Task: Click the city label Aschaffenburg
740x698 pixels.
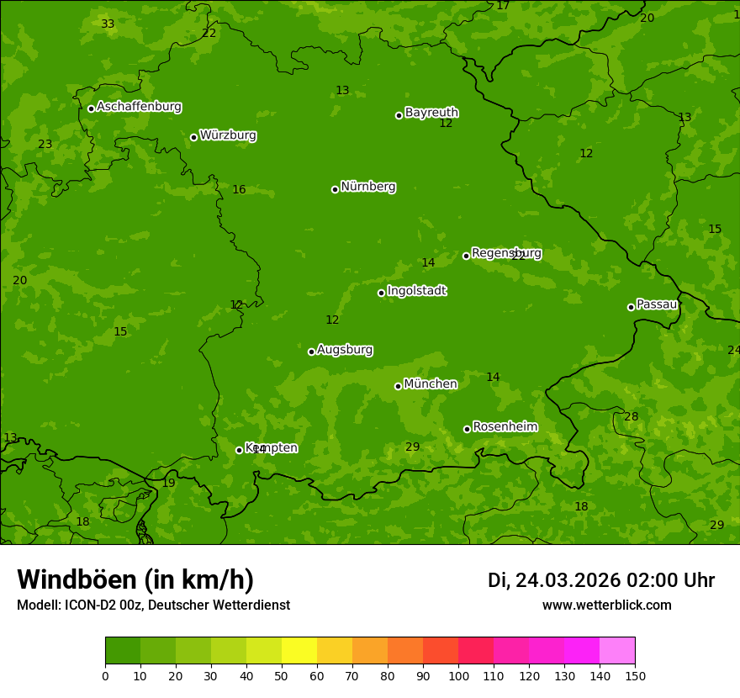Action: (139, 107)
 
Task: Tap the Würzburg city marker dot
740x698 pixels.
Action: (193, 137)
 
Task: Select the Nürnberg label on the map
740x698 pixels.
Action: (367, 187)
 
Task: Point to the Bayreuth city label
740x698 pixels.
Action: (431, 113)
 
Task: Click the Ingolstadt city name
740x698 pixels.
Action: (416, 291)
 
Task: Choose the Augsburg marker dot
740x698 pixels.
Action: (311, 352)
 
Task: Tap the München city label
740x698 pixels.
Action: (431, 384)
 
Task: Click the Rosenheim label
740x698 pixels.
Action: (505, 427)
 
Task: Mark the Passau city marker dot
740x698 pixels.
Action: (631, 307)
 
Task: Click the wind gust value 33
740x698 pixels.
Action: (108, 24)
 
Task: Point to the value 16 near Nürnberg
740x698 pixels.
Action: (239, 190)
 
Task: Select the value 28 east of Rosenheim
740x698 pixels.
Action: (631, 417)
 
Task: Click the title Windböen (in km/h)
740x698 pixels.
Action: (135, 579)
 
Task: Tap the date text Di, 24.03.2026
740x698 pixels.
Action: (553, 580)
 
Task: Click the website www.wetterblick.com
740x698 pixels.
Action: (606, 605)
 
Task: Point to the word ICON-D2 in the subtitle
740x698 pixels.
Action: (92, 605)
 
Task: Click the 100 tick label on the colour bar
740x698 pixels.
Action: (458, 676)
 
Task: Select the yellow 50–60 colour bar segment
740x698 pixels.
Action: (299, 651)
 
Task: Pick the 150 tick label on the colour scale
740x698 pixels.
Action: (635, 676)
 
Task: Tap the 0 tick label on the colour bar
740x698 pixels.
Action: (105, 676)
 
